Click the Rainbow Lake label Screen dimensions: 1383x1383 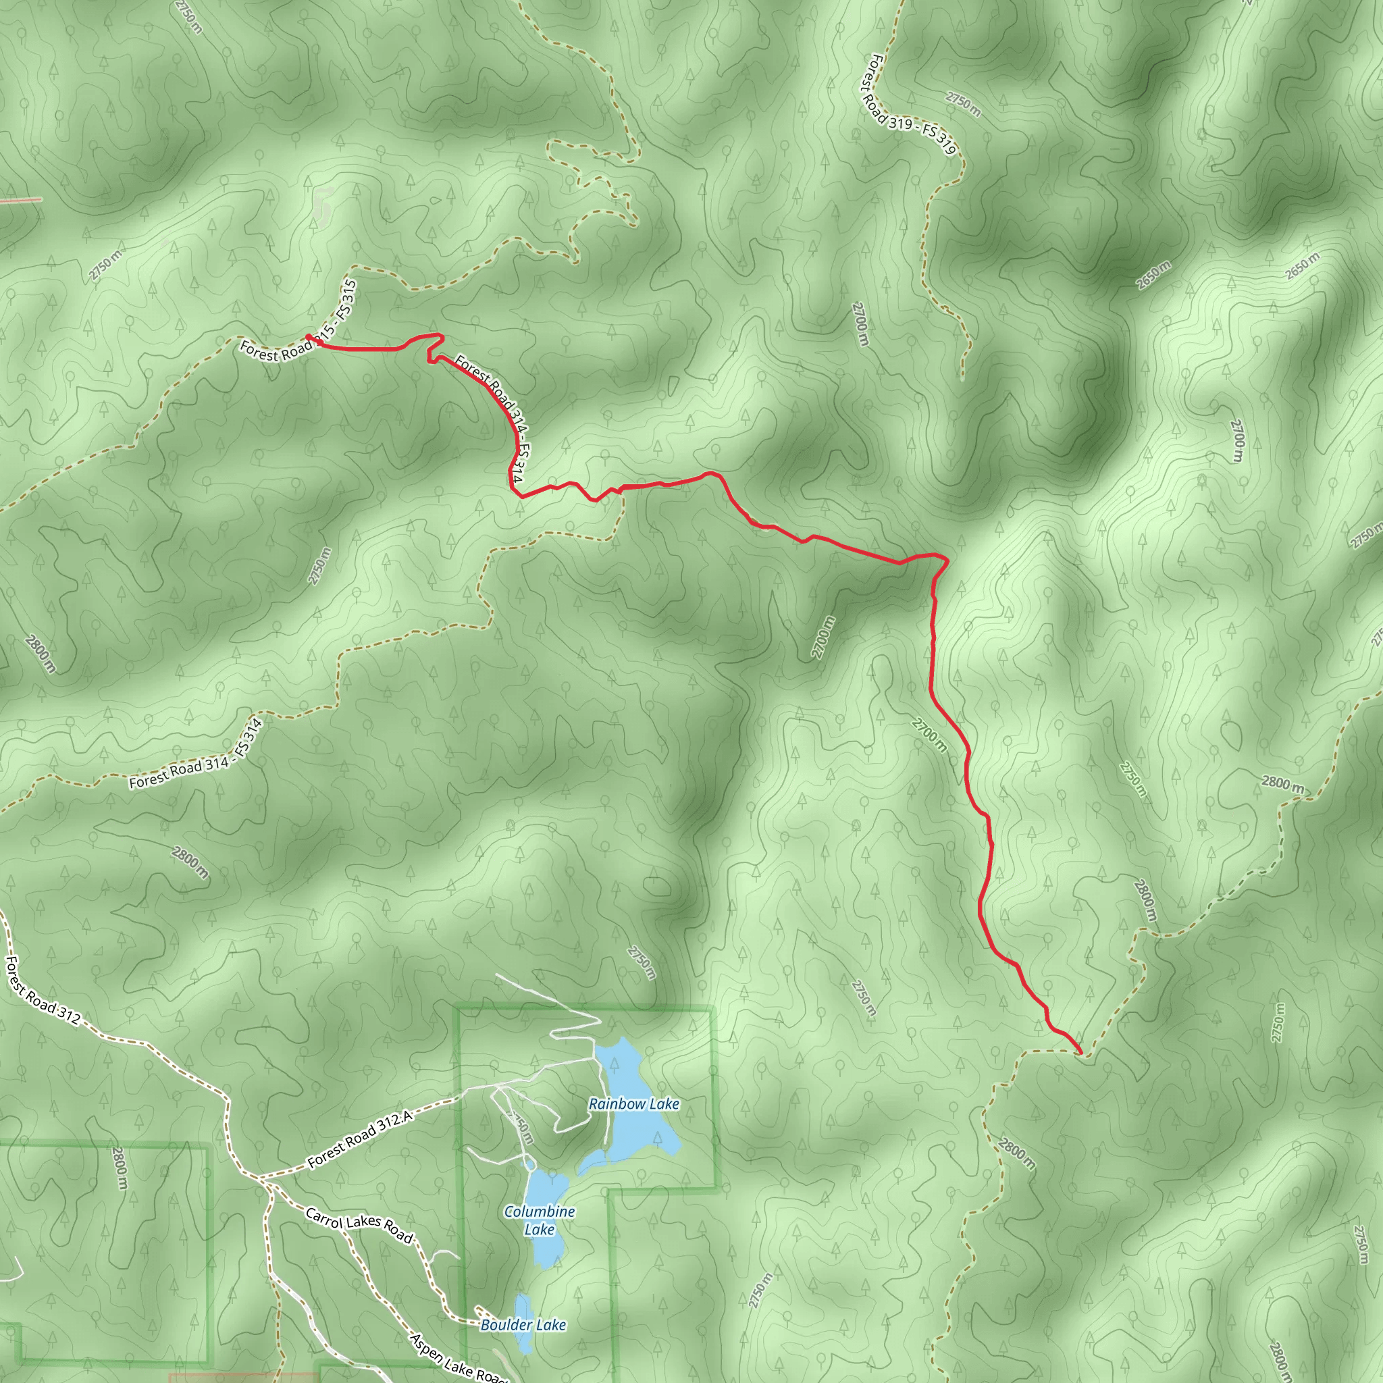coord(633,1104)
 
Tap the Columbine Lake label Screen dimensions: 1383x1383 coord(539,1220)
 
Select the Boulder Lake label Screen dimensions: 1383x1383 coord(523,1325)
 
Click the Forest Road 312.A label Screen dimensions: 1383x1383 coord(360,1140)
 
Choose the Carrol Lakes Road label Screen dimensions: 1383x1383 coord(359,1226)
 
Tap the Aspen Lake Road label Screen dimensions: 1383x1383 coord(458,1358)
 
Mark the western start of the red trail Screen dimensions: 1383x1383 coord(308,336)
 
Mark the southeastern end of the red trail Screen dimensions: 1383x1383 coord(1080,1052)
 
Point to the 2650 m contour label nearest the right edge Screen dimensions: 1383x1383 coord(1301,266)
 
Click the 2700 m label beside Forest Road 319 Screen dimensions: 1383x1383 coord(860,323)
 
